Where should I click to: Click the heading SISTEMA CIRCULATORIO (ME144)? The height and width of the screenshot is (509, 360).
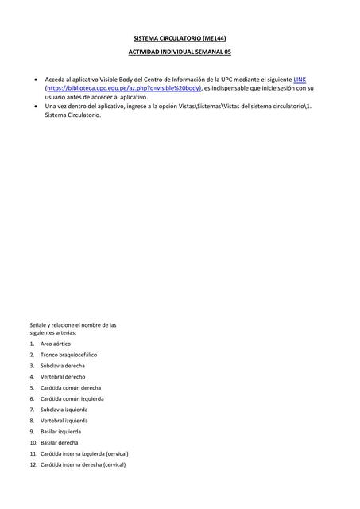180,37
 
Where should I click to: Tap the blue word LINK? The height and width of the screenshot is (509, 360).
300,80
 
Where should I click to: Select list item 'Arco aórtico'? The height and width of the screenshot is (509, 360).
56,344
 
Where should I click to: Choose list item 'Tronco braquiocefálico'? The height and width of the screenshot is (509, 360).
68,355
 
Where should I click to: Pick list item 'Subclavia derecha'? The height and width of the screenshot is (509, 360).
63,366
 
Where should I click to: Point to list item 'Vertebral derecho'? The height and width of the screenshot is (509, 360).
63,377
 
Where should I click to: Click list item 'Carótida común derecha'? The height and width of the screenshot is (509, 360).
71,388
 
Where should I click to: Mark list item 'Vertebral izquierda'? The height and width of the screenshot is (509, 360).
64,421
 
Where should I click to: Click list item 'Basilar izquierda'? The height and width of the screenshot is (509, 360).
61,432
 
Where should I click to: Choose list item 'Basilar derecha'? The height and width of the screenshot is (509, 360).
60,443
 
